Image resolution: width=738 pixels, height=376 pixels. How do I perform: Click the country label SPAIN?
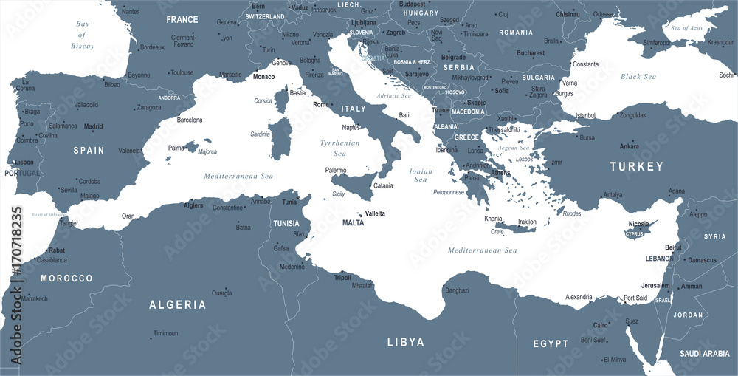coord(88,150)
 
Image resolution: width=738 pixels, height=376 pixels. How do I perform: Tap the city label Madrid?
coord(93,126)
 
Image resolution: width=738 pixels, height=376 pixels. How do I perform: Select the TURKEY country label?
coord(636,167)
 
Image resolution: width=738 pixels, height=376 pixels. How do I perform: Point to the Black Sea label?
coord(638,77)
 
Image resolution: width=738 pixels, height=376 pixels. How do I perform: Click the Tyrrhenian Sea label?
coord(339,148)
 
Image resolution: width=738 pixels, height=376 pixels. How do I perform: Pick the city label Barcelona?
coord(190,119)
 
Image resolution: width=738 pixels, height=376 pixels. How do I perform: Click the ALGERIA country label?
coord(177,304)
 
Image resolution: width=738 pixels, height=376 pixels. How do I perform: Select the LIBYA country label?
coord(406,342)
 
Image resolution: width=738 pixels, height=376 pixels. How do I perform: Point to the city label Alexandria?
coord(578,297)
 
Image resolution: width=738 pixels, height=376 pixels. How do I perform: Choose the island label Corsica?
coord(263,100)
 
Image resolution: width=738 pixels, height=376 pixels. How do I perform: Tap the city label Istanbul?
coord(585,116)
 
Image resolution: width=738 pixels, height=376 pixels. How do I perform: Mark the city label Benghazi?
coord(457,290)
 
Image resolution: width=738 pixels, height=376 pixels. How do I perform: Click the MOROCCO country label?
coord(66,278)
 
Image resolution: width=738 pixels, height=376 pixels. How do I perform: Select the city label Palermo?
coord(336,171)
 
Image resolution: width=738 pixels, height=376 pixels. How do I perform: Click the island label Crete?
coord(497,231)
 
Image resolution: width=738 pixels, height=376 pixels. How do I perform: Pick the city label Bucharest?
coord(531,53)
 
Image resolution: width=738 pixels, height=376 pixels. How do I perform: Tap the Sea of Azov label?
coord(688,27)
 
